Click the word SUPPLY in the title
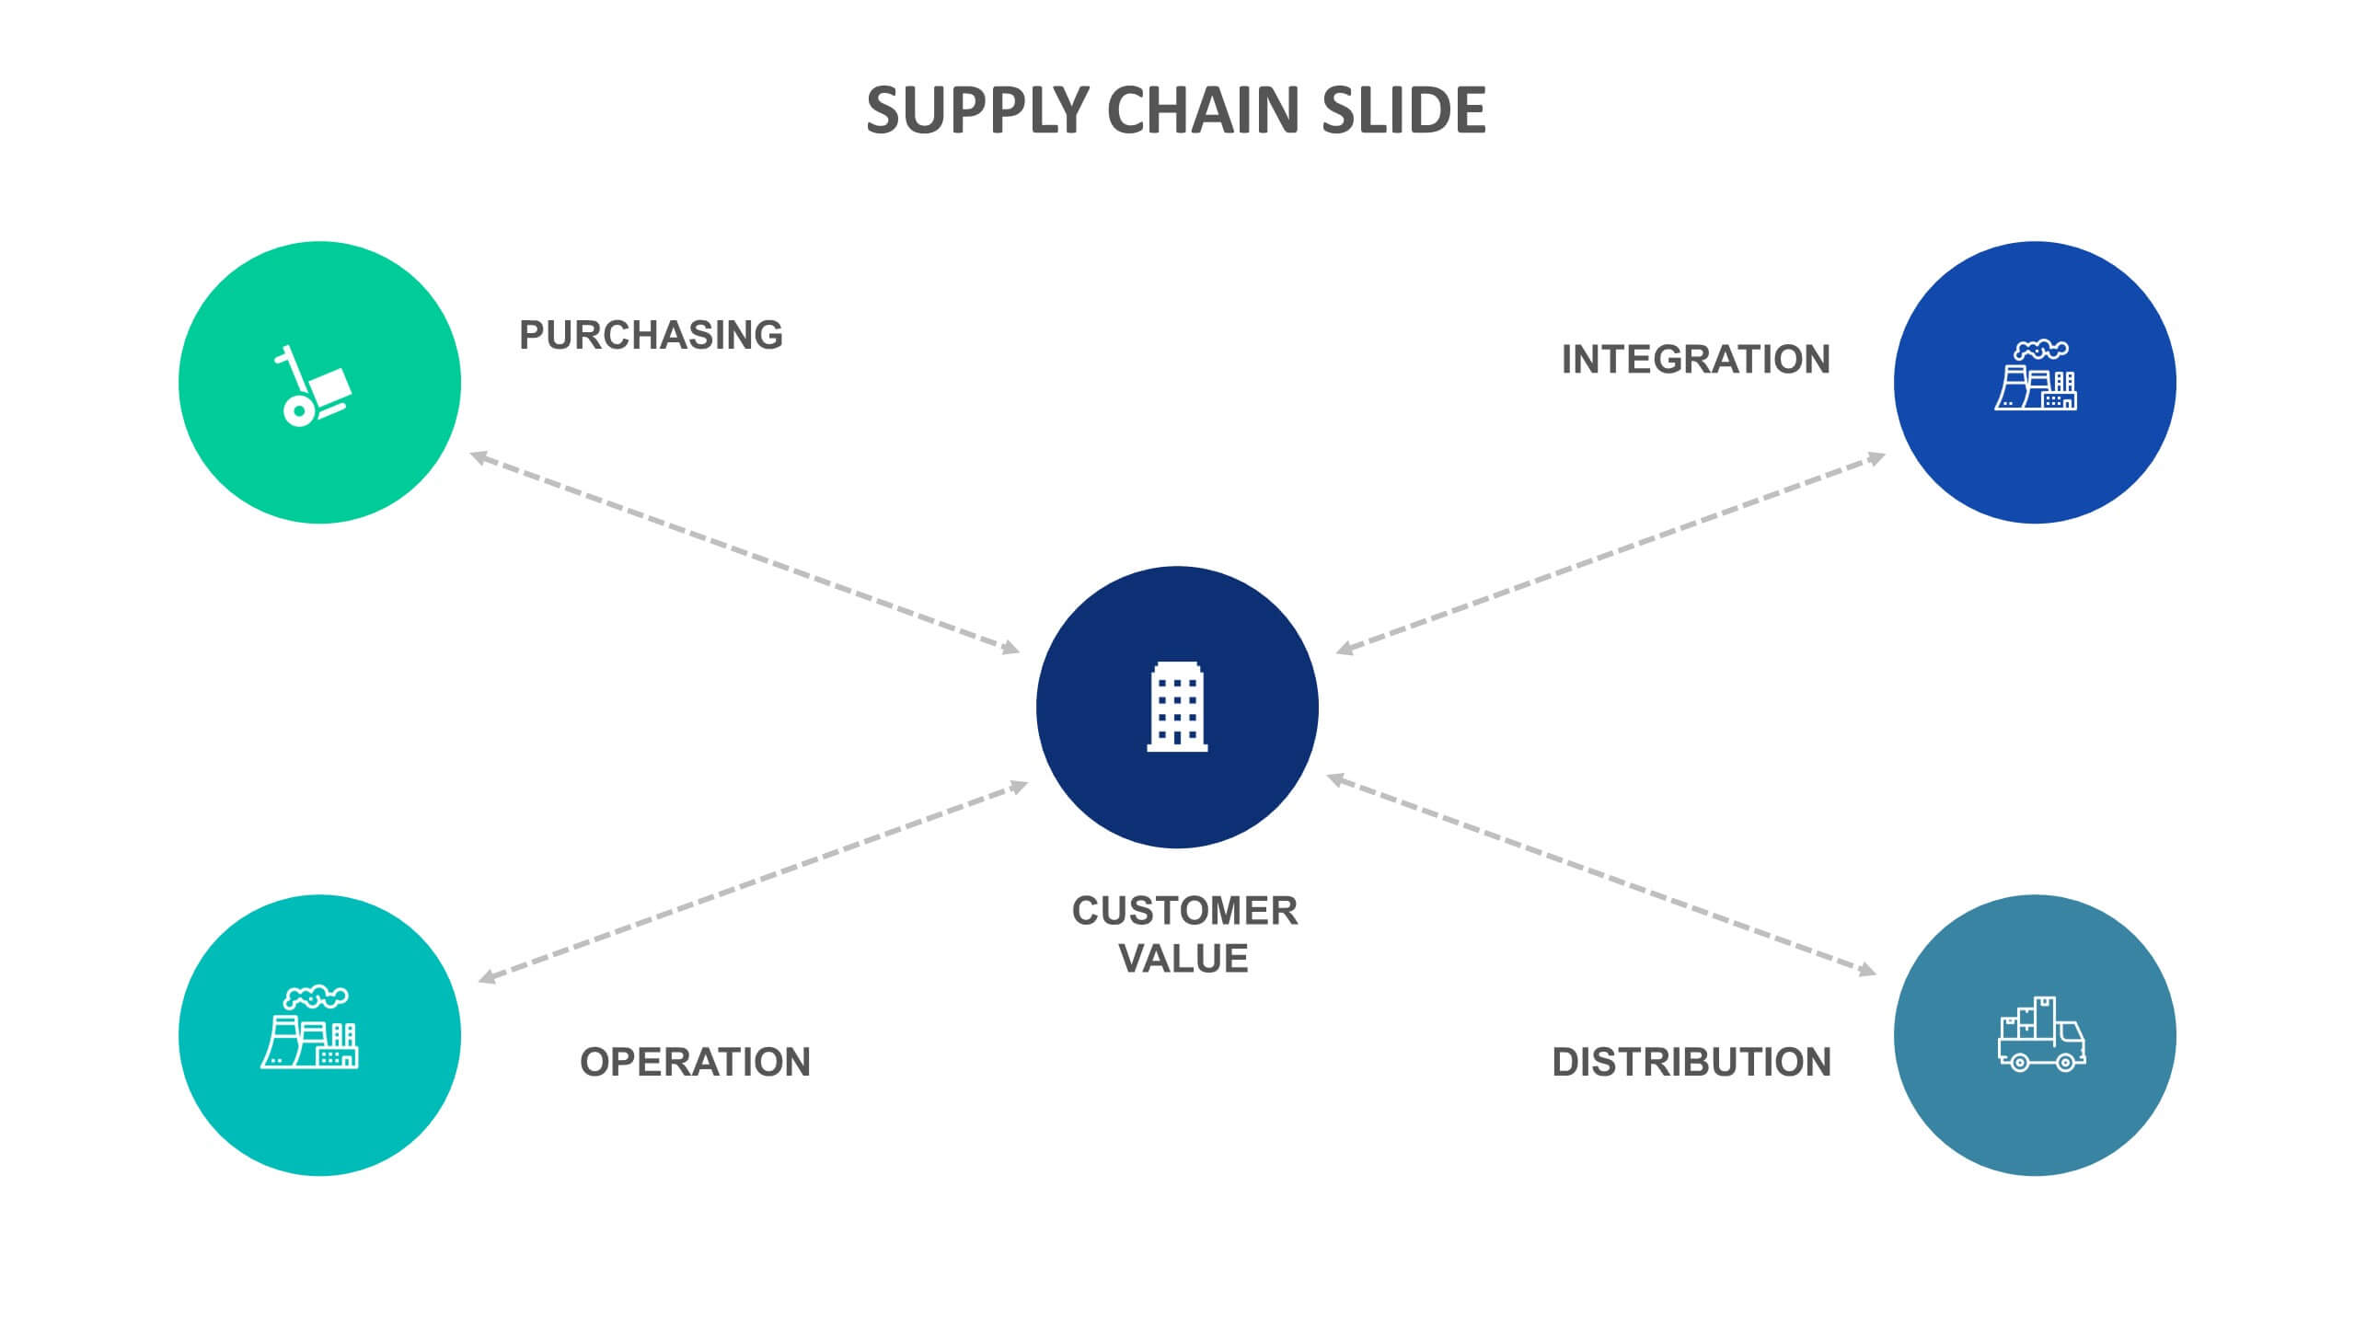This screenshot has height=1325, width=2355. pyautogui.click(x=977, y=111)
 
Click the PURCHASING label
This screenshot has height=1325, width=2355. pyautogui.click(x=651, y=335)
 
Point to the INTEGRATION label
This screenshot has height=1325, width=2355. pyautogui.click(x=1695, y=359)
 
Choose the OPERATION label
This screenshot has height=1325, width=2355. pyautogui.click(x=695, y=1062)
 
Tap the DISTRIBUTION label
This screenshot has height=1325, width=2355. pyautogui.click(x=1691, y=1062)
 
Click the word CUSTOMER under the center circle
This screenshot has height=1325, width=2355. pyautogui.click(x=1184, y=911)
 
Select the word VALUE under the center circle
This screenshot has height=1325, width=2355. pyautogui.click(x=1183, y=959)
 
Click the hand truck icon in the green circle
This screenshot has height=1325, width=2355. pyautogui.click(x=313, y=386)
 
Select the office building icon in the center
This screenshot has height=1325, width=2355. pyautogui.click(x=1177, y=707)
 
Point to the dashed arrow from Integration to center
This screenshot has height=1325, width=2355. pyautogui.click(x=1610, y=552)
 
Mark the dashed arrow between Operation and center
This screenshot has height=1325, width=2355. pyautogui.click(x=753, y=881)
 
